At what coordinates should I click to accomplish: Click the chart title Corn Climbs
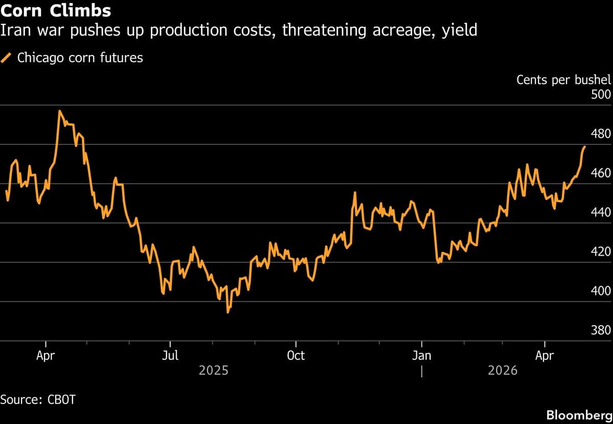coord(56,10)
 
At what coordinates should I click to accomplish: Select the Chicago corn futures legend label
coord(80,58)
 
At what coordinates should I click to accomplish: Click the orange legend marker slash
coord(7,58)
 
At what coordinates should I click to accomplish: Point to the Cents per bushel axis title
coord(563,80)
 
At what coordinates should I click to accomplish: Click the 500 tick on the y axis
coord(600,95)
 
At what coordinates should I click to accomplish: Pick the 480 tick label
coord(600,134)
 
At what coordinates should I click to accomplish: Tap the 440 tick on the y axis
coord(600,213)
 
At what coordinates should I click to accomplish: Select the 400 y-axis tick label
coord(600,291)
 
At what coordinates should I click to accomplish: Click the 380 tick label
coord(600,330)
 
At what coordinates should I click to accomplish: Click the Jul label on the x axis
coord(170,356)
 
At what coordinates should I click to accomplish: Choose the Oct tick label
coord(295,356)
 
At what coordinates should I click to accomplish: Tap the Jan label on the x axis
coord(421,356)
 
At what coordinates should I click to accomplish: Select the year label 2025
coord(214,370)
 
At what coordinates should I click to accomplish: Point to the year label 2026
coord(502,370)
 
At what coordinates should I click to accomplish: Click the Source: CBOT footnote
coord(38,400)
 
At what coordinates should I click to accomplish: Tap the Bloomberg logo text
coord(579,414)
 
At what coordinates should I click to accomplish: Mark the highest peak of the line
coord(60,111)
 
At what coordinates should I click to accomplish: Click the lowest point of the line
coord(228,312)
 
